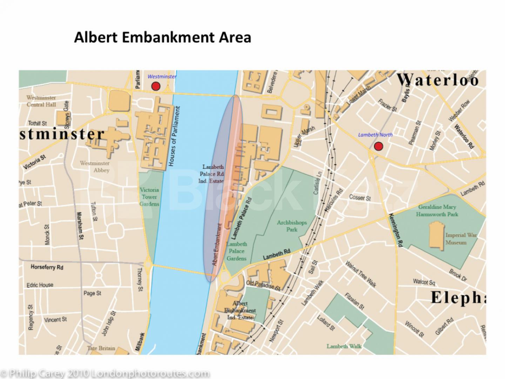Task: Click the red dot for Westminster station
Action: pos(155,86)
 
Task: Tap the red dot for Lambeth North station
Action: pos(378,146)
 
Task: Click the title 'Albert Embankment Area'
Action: pos(162,37)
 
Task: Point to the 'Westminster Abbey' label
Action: pos(95,167)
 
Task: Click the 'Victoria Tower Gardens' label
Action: pos(149,197)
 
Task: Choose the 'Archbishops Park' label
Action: pos(292,226)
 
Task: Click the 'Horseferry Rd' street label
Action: pos(47,267)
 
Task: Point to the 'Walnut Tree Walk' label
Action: pos(361,274)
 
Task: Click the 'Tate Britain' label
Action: pos(101,348)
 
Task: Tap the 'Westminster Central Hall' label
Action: pos(41,101)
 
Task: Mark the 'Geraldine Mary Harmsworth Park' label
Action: pos(437,211)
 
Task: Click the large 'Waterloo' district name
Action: pos(438,80)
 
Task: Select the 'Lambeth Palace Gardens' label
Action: pos(236,251)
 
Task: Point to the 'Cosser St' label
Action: pos(360,198)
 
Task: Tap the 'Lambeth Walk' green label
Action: pos(344,346)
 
